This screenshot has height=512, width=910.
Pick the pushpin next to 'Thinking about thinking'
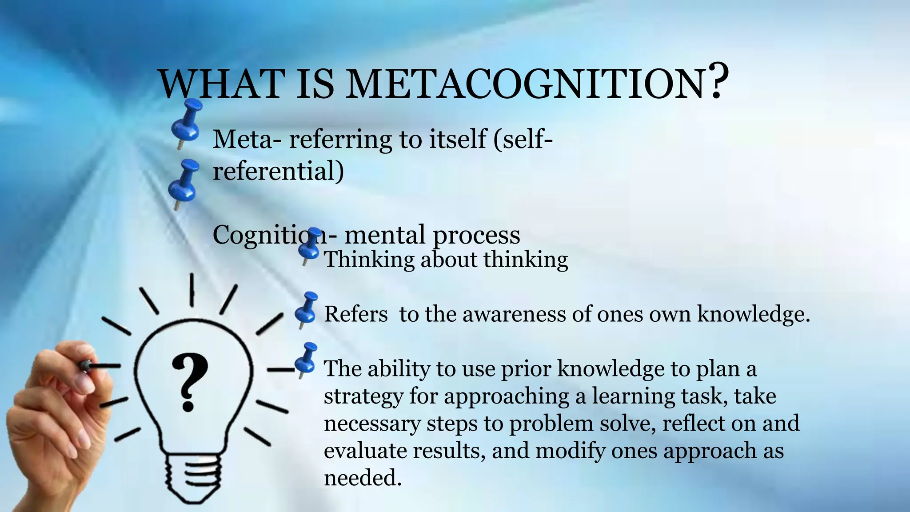pyautogui.click(x=310, y=245)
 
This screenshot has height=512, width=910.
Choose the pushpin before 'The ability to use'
pyautogui.click(x=306, y=360)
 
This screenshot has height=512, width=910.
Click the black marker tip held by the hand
pyautogui.click(x=85, y=365)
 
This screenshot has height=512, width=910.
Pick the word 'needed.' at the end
pyautogui.click(x=363, y=478)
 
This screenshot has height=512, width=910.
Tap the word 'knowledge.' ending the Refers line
pyautogui.click(x=754, y=314)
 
